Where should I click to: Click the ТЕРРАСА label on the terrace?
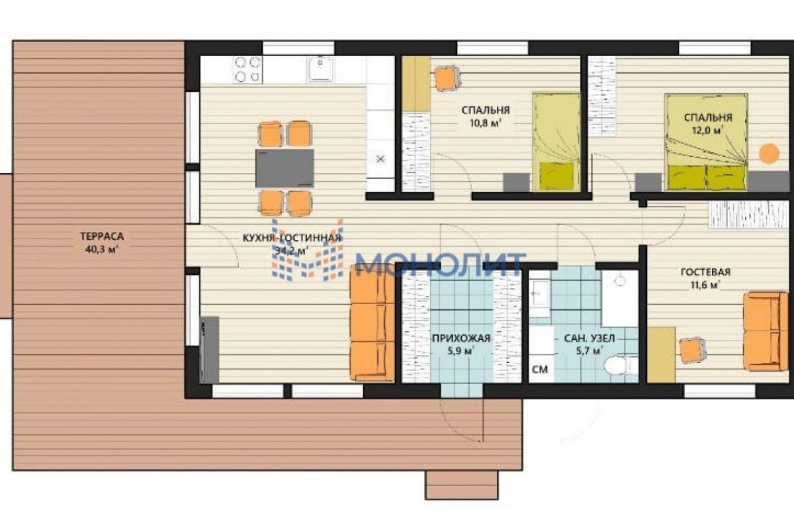point(102,236)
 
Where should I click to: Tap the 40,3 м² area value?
point(102,249)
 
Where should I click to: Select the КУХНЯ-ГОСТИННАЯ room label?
point(292,237)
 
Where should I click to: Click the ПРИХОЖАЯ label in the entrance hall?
point(461,338)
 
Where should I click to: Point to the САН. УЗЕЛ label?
point(589,338)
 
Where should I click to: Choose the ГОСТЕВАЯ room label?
point(705,272)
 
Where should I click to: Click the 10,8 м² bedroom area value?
point(485,124)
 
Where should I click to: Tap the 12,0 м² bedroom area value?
point(707,130)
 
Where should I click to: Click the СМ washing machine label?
point(540,370)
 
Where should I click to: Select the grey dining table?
point(285,168)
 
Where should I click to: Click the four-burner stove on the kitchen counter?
point(247,70)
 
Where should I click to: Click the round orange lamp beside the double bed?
point(769,153)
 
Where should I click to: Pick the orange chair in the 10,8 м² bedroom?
point(447,79)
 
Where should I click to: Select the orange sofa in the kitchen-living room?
point(372,323)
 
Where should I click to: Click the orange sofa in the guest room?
point(766,331)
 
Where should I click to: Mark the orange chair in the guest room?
point(692,350)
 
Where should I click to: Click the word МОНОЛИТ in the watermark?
point(441,264)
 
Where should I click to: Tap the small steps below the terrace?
point(462,485)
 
